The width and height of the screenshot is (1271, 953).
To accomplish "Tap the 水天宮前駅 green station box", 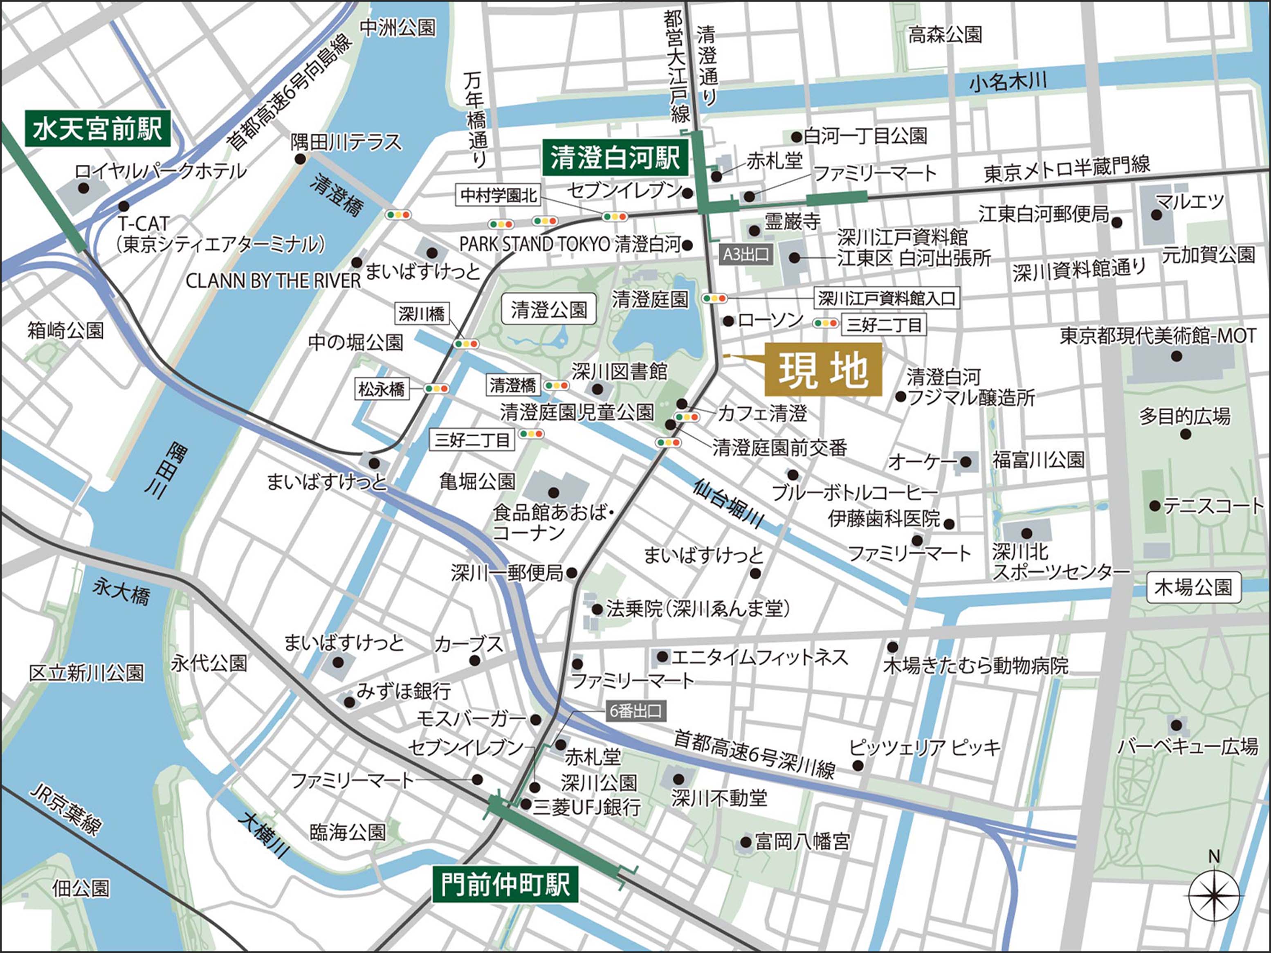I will click(97, 128).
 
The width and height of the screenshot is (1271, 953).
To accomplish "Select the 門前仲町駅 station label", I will click(505, 885).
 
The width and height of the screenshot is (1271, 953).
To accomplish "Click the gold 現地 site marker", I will click(822, 370).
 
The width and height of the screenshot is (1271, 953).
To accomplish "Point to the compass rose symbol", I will click(1213, 895).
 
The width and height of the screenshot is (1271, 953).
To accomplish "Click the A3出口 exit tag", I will click(745, 254).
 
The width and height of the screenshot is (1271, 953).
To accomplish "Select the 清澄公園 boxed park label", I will click(549, 310).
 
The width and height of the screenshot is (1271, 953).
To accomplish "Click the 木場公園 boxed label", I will click(1193, 587).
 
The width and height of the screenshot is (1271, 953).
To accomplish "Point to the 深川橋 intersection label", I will click(422, 313).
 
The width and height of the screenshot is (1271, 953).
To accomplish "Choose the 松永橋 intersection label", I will click(382, 389).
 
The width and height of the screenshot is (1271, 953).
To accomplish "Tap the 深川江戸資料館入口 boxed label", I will click(887, 298).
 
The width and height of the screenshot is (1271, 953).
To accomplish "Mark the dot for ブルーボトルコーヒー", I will click(793, 475).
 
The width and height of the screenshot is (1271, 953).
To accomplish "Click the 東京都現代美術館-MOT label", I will click(1157, 336).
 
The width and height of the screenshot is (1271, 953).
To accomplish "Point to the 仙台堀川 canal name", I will click(728, 503).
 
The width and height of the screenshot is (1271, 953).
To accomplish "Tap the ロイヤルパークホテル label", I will click(160, 171).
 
